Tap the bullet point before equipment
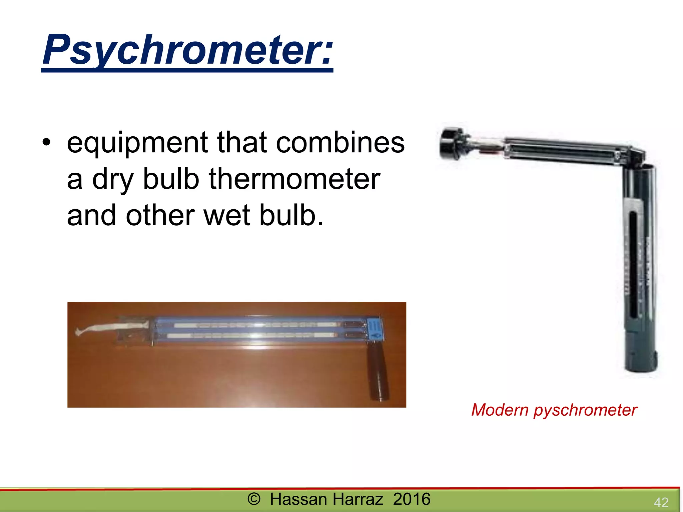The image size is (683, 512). coord(46,142)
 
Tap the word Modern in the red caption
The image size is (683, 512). coord(500,410)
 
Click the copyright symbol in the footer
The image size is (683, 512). coord(254,499)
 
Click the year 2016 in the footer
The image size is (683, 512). coord(412,499)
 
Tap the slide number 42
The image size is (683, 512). coord(661,502)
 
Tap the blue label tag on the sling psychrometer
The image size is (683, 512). coord(375,330)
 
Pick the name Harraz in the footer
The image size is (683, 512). coord(358,499)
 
